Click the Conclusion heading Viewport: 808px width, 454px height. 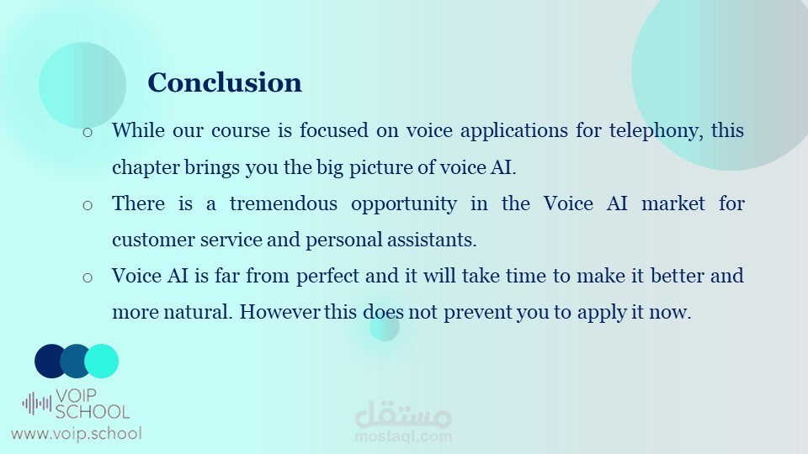[225, 83]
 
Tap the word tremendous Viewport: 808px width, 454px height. [284, 203]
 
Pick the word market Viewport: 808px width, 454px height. [673, 203]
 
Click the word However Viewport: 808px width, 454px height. [279, 312]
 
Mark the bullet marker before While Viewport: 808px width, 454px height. [88, 132]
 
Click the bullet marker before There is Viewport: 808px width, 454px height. [88, 205]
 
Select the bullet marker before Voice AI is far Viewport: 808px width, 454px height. [88, 278]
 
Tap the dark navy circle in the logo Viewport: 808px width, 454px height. [50, 362]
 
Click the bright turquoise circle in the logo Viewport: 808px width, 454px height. [102, 362]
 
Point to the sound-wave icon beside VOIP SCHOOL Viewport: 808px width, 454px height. [36, 404]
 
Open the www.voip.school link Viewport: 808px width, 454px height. [77, 434]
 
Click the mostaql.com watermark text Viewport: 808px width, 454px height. [403, 436]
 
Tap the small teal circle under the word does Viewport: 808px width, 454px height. [385, 326]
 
